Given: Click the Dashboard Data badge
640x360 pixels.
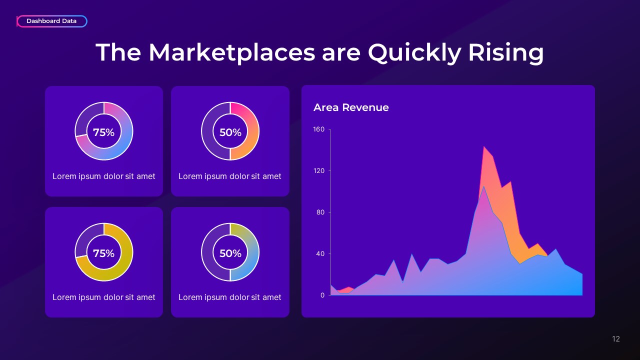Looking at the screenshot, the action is click(x=51, y=21).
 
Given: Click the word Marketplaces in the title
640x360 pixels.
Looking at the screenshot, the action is click(x=231, y=53).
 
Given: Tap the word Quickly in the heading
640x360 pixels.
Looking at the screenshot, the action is click(x=414, y=53).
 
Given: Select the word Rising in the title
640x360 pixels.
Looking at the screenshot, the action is click(x=505, y=53).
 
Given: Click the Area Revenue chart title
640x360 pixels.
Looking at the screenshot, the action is click(x=351, y=107).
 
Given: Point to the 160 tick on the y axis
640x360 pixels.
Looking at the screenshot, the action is click(x=319, y=129).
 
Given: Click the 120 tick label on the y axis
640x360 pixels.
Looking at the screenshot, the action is click(x=319, y=171).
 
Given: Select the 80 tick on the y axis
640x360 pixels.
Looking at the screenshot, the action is click(x=320, y=212).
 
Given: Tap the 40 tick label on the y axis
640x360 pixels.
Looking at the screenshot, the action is click(x=320, y=253).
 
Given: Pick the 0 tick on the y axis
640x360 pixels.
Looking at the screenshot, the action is click(x=322, y=295).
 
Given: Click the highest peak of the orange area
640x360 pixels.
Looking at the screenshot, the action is click(x=483, y=146).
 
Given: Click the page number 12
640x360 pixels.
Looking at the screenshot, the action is click(x=615, y=339).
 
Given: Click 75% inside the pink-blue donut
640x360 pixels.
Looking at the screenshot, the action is click(x=103, y=132).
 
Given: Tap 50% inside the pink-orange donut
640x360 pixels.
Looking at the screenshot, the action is click(x=230, y=132).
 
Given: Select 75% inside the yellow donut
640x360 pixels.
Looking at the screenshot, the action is click(x=103, y=253).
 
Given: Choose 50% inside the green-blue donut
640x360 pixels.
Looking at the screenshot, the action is click(x=230, y=253).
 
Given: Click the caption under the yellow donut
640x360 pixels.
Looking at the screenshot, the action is click(x=103, y=297).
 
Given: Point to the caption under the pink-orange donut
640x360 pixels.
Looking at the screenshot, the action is click(x=229, y=176).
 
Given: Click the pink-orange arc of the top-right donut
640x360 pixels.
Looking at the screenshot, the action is click(x=253, y=131).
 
